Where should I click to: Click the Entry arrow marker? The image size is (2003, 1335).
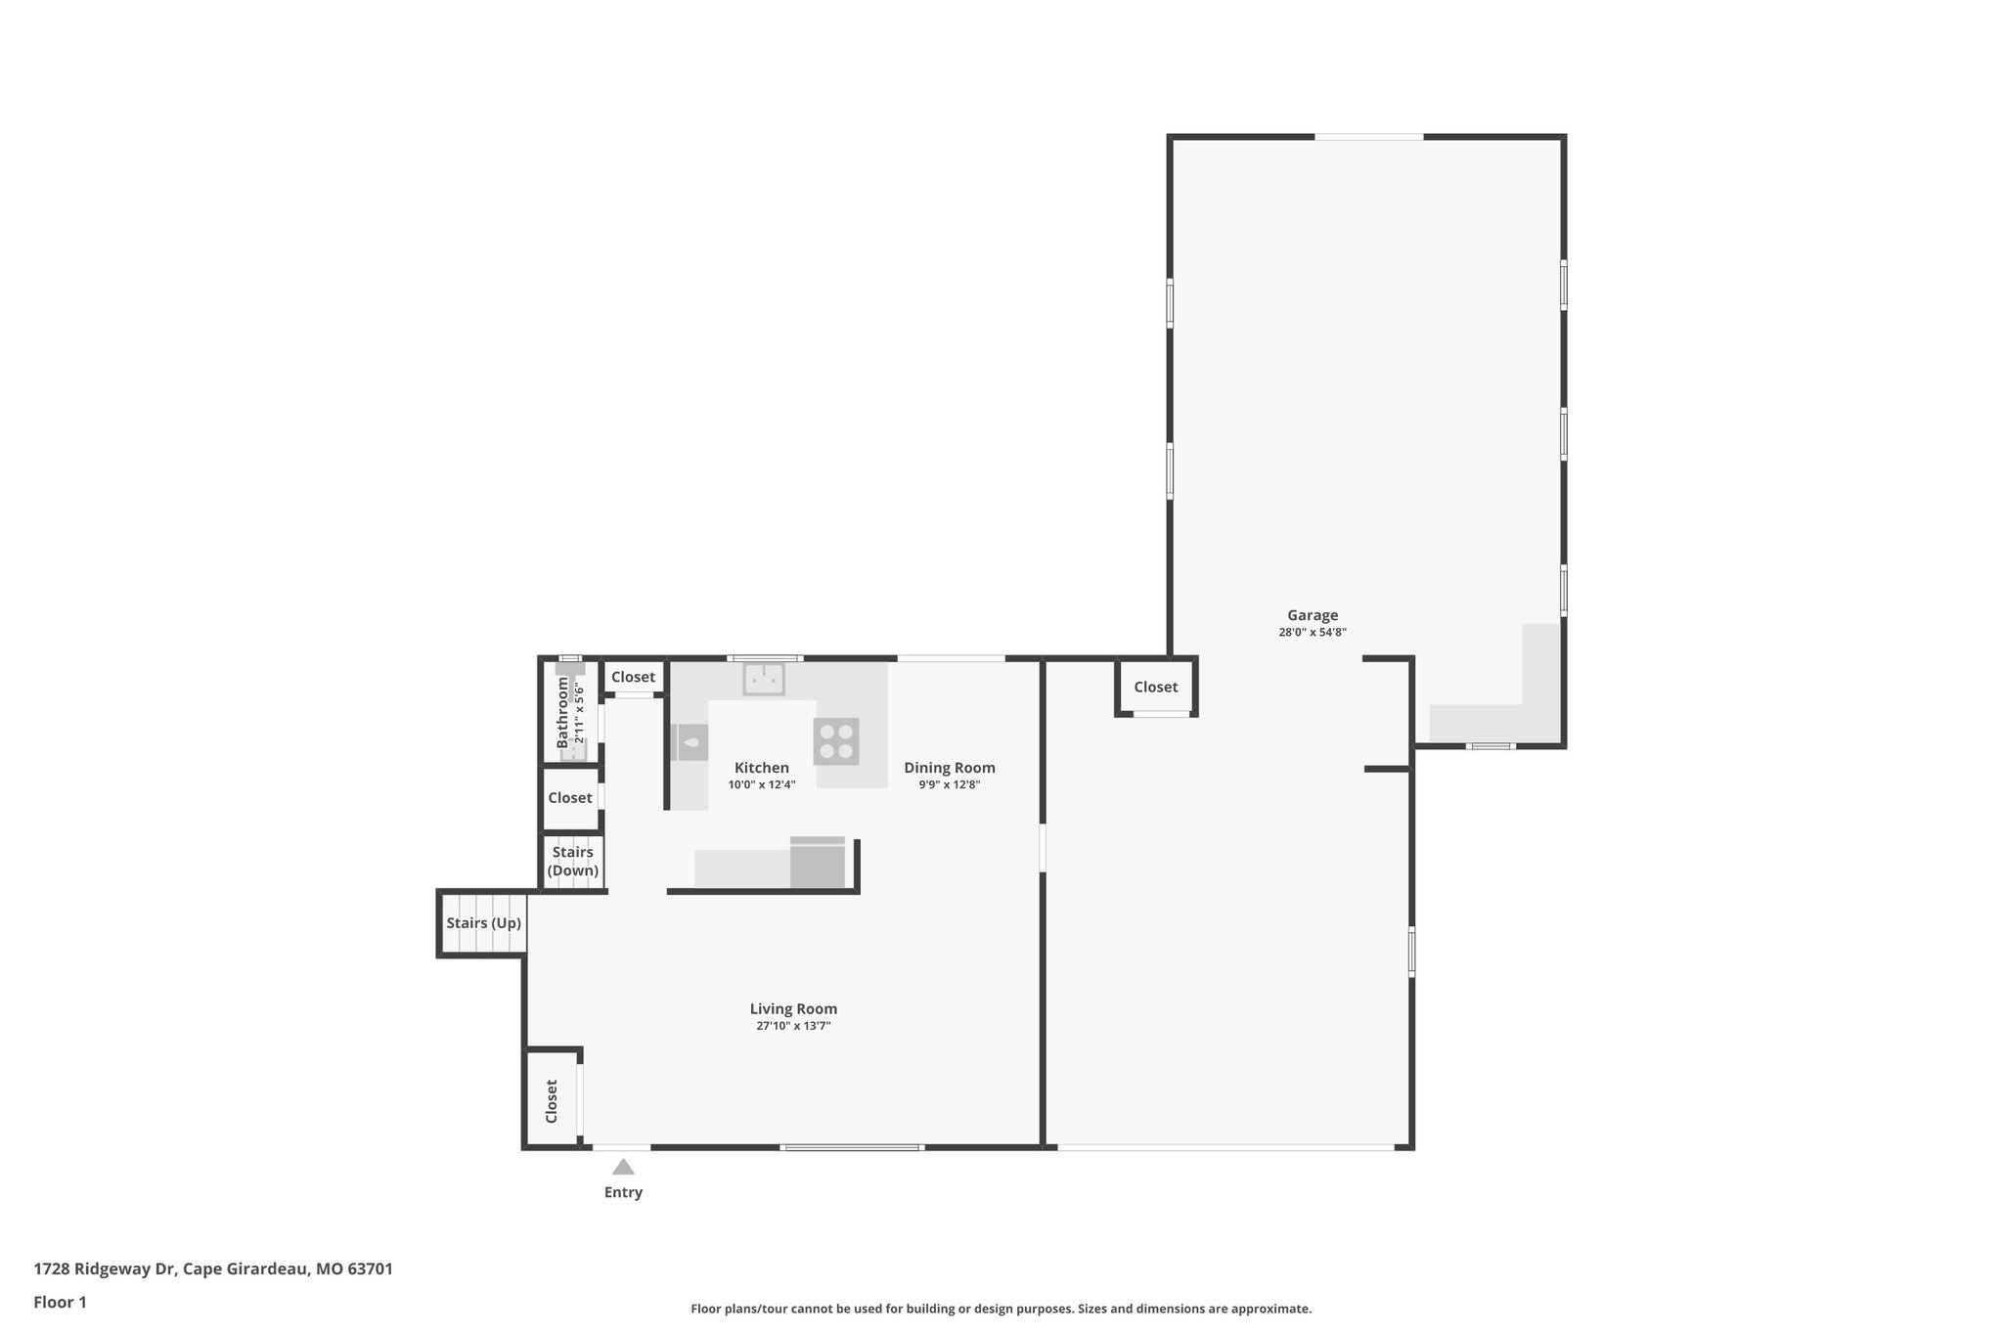(623, 1167)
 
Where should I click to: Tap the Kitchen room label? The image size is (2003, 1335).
(762, 768)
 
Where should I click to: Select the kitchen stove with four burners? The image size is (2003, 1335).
(836, 741)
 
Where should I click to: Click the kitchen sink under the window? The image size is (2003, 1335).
(764, 678)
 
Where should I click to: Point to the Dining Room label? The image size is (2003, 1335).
(949, 768)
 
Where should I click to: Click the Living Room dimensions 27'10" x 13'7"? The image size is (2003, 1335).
(792, 1026)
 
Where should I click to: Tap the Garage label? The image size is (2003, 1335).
(1312, 615)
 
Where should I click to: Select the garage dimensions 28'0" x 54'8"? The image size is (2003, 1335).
(1312, 633)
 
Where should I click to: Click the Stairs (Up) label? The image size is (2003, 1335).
(483, 923)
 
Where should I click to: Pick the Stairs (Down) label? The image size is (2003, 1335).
(572, 862)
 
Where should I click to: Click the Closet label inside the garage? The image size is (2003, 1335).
(1155, 688)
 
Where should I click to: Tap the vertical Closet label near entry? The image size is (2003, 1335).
(552, 1100)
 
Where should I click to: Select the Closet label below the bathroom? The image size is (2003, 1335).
(569, 798)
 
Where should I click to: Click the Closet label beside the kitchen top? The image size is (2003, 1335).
(633, 677)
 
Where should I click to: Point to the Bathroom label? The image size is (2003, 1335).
(562, 712)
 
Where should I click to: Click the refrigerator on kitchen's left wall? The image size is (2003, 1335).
(690, 742)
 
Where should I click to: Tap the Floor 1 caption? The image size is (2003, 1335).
(60, 1303)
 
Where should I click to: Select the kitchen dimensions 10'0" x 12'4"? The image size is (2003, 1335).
(762, 784)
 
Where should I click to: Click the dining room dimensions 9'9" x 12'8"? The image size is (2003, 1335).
(949, 784)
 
